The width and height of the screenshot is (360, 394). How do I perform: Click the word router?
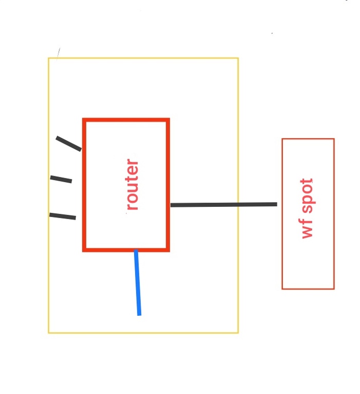point(132,185)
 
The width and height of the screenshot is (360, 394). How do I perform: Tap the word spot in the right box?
point(307,196)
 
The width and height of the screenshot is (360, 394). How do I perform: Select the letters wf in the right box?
point(307,228)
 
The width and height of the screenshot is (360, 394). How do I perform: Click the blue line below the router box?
point(137,283)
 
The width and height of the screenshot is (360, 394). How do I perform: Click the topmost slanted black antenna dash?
point(68,144)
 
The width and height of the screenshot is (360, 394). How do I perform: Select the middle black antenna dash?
point(61,179)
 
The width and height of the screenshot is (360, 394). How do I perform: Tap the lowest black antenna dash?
point(63,216)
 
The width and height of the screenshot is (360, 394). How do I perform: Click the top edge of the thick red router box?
point(126,120)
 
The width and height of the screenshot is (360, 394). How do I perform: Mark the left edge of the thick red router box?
point(84,185)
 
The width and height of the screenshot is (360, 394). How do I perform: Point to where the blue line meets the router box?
point(136,250)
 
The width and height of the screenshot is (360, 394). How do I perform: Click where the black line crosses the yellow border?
point(238,205)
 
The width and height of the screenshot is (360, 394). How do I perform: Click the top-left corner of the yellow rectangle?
point(49,58)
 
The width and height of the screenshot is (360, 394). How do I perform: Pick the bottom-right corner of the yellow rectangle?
point(238,332)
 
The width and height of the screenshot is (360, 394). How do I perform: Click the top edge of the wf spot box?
point(308,139)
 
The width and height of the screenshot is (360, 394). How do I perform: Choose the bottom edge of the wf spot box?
point(308,289)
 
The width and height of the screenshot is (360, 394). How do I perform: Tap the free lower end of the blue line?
point(139,314)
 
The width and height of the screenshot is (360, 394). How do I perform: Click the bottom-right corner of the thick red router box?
point(168,250)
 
